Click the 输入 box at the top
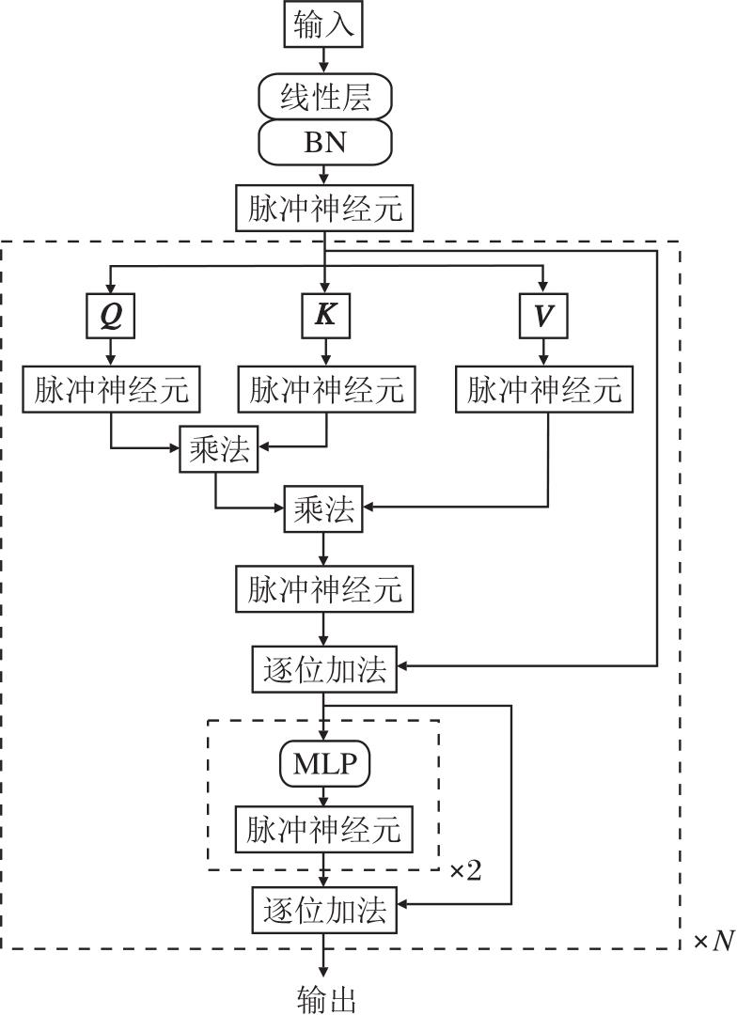coord(324,24)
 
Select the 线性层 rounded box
coord(324,96)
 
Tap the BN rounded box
coord(324,142)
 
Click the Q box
coord(111,317)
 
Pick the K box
coord(325,317)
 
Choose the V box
coord(542,317)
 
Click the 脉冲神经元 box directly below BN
coord(325,210)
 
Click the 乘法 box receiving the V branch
coord(324,510)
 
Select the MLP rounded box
coord(324,765)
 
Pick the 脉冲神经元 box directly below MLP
coord(324,829)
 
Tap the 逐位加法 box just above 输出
coord(324,910)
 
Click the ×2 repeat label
coord(464,871)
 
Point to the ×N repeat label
coord(713,941)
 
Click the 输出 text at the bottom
coord(325,999)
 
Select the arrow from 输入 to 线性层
coord(324,59)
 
